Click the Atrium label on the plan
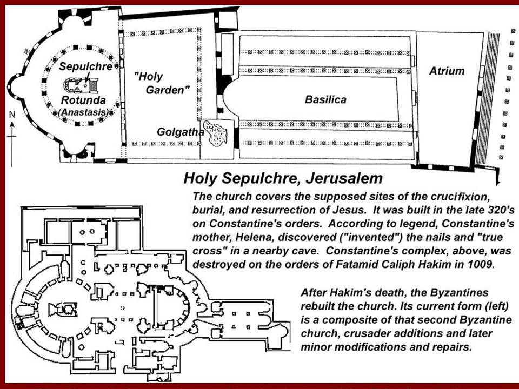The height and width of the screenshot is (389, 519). tap(447, 71)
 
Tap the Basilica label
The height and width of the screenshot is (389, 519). tap(325, 99)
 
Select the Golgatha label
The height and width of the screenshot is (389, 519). tap(181, 132)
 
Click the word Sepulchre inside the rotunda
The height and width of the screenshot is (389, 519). tap(86, 66)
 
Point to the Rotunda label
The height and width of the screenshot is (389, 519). tap(83, 100)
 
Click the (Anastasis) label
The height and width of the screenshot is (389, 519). tap(83, 112)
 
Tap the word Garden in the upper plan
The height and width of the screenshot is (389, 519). tap(168, 90)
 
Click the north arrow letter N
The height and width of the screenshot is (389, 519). tap(12, 115)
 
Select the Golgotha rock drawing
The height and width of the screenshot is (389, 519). tap(215, 133)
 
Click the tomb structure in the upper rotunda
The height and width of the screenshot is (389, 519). tap(81, 85)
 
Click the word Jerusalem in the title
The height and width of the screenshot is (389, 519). tap(344, 178)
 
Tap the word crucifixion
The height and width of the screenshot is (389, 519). tap(460, 196)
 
